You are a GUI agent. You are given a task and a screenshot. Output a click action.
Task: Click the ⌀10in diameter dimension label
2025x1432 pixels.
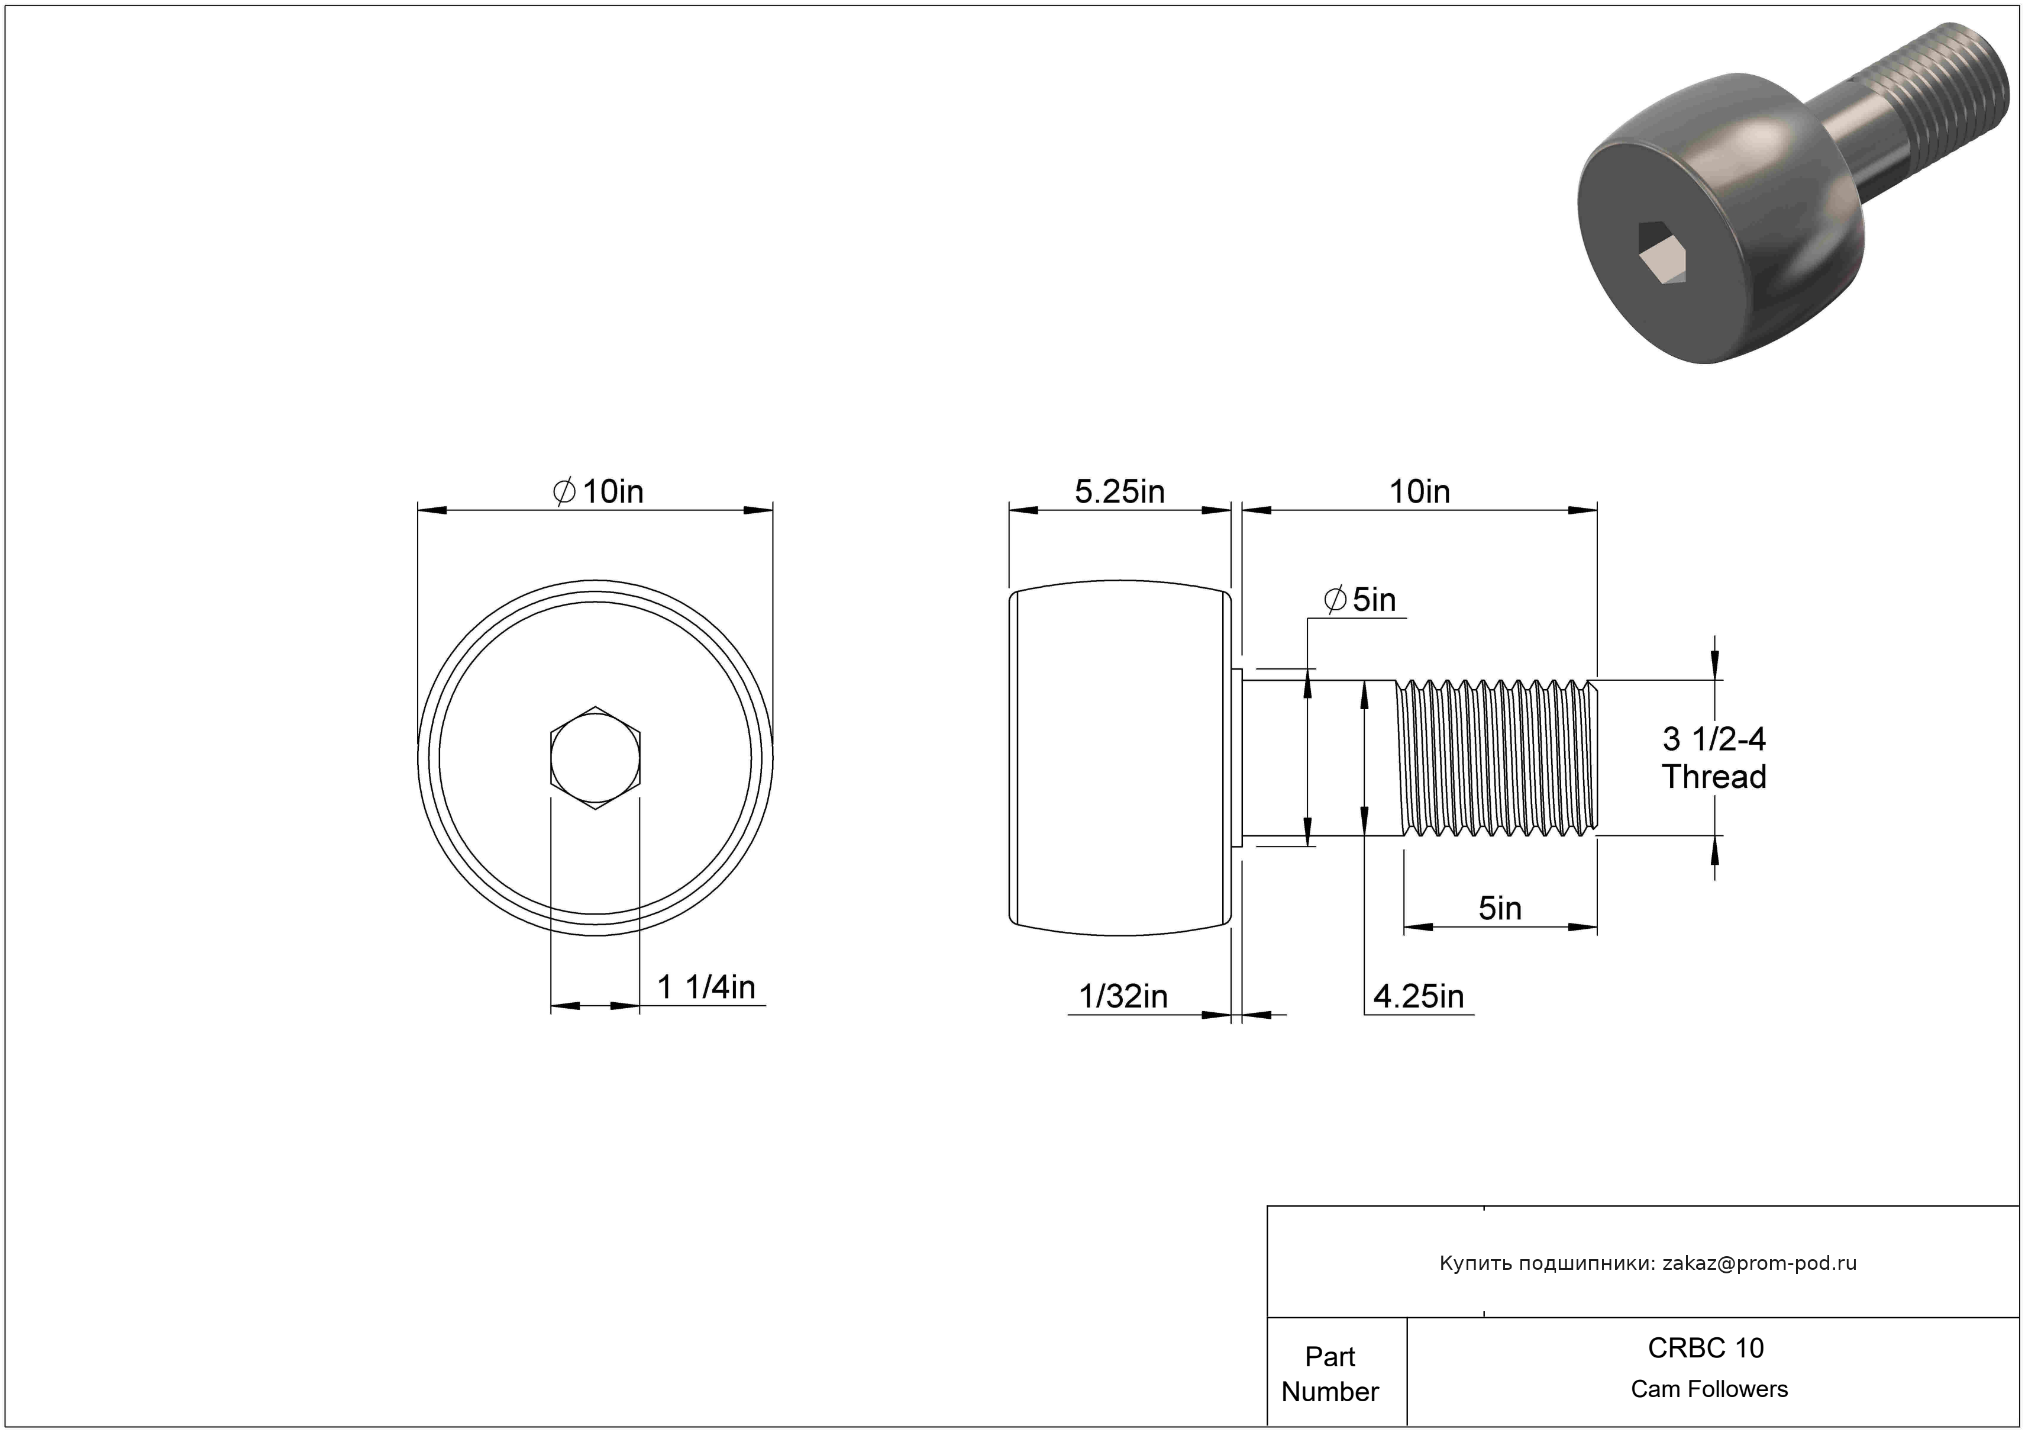pos(598,491)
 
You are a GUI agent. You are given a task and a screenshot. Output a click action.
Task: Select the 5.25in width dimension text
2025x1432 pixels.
pos(1119,491)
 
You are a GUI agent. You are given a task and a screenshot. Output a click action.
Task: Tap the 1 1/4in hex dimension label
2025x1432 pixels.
pos(706,987)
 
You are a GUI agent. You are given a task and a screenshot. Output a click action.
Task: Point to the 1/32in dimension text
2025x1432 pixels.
pos(1123,997)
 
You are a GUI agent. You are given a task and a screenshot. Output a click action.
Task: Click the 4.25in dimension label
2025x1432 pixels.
pos(1418,997)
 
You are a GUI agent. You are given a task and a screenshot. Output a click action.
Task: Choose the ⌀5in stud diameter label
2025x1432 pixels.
pos(1360,600)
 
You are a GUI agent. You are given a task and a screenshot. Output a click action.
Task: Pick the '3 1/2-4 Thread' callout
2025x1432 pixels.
pos(1714,758)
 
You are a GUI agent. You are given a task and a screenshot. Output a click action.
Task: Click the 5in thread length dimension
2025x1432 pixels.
pos(1500,908)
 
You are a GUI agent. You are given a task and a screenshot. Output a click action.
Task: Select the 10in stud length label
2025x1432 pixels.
pos(1419,491)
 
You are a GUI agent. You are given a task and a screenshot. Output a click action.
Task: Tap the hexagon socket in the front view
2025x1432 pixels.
pos(595,758)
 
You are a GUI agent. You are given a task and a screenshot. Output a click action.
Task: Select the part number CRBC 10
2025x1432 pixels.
pos(1706,1347)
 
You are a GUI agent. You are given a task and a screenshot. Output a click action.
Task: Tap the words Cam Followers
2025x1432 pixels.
pos(1709,1389)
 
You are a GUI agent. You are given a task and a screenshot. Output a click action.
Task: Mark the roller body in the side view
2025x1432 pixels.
pos(1120,758)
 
